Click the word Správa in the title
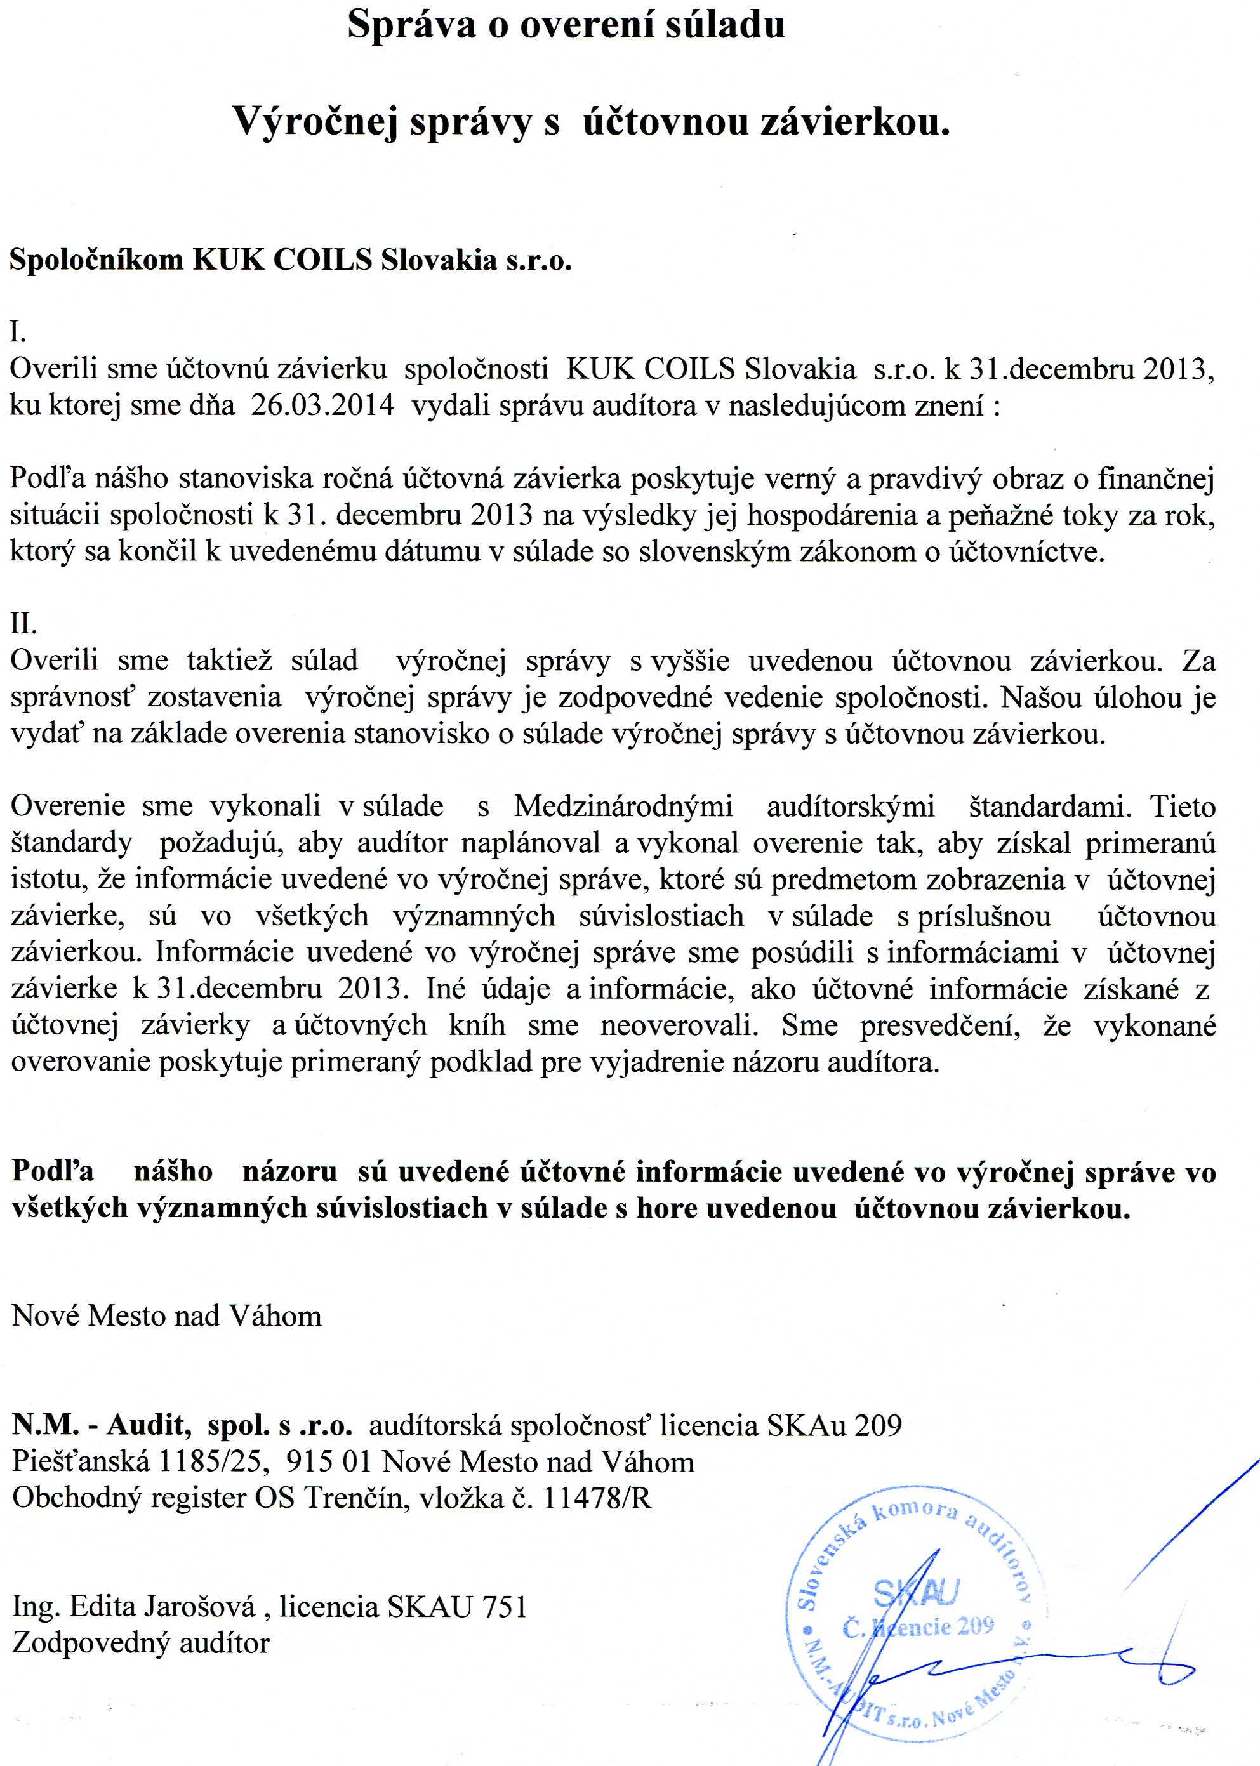coord(411,25)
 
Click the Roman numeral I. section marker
coord(18,332)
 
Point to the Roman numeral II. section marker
coord(23,623)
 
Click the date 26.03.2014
coord(322,405)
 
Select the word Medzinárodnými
coord(623,807)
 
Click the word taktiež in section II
coord(230,660)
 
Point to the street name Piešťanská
coord(80,1462)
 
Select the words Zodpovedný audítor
coord(141,1643)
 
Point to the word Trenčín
coord(356,1498)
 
